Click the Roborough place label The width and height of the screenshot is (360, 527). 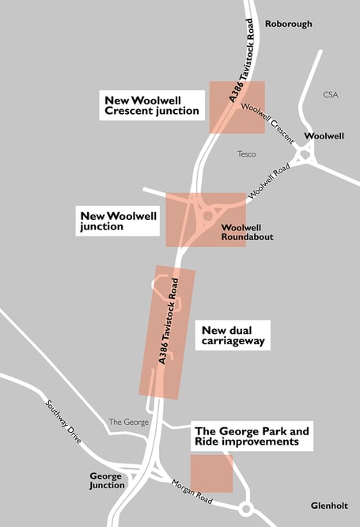[x=288, y=24]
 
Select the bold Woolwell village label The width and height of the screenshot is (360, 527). [x=324, y=136]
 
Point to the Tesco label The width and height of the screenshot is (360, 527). [x=247, y=154]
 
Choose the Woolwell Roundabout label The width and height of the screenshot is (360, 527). [x=247, y=232]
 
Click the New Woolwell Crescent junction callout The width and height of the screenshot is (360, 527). [x=152, y=105]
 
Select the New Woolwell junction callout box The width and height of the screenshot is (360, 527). [x=117, y=220]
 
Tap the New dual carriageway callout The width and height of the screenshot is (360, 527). [x=232, y=336]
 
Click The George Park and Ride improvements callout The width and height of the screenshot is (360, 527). [x=252, y=437]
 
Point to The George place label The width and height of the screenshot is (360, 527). [x=128, y=422]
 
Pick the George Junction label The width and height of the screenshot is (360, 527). [x=106, y=480]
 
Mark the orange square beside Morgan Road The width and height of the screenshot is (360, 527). [x=212, y=473]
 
